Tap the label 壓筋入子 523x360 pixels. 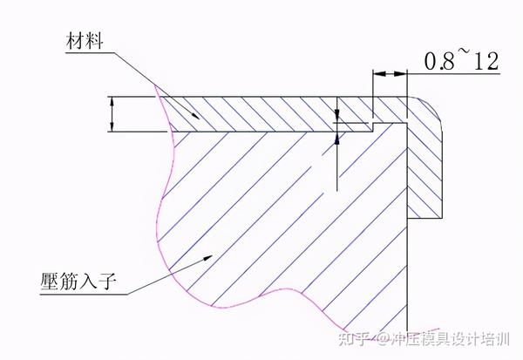[x=85, y=281]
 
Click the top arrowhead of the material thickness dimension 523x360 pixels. [x=112, y=99]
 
